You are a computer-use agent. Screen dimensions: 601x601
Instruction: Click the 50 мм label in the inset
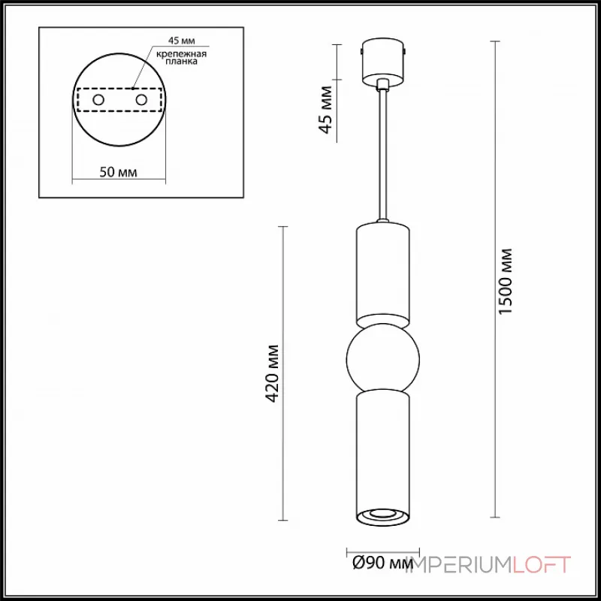pos(119,172)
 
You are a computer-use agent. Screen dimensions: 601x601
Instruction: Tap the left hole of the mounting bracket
pos(98,100)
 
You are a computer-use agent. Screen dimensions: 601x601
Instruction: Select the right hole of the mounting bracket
pos(140,100)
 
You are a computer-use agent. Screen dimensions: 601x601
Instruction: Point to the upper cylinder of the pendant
pos(382,270)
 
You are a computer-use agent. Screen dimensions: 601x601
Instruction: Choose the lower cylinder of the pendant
pos(382,451)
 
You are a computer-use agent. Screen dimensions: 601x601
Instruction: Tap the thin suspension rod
pos(383,150)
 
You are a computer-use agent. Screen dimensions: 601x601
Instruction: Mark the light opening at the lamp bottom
pos(382,515)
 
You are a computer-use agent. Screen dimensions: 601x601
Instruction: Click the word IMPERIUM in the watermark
pos(458,564)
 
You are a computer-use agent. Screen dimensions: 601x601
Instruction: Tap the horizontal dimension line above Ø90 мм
pos(382,548)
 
